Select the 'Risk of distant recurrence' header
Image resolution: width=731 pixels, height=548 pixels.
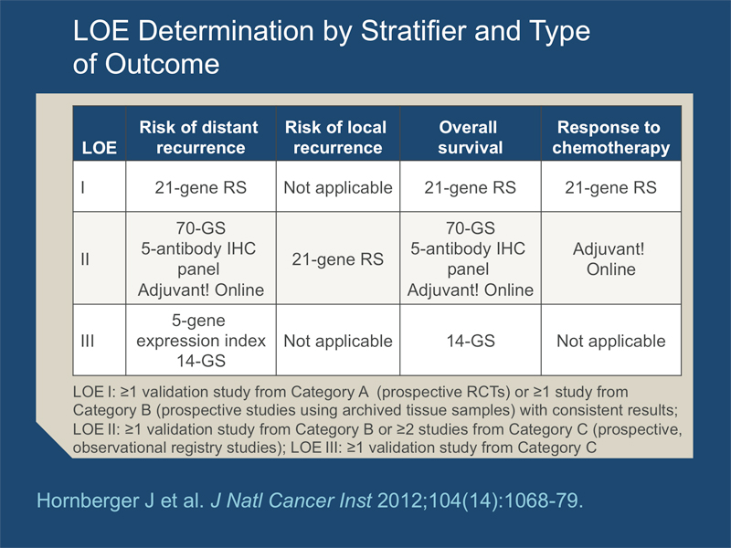(198, 137)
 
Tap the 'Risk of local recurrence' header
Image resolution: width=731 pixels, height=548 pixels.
(336, 137)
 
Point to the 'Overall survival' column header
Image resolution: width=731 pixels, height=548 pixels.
(468, 137)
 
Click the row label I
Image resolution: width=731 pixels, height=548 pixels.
(84, 188)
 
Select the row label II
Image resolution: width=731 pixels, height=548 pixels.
(86, 259)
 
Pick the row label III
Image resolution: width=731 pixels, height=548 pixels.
(88, 341)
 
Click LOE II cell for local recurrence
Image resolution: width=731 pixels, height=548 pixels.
(336, 259)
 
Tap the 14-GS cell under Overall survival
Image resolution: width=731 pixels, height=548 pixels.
(468, 341)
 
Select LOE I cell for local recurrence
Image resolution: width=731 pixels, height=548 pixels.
(336, 188)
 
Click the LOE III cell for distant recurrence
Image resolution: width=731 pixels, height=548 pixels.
(198, 341)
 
